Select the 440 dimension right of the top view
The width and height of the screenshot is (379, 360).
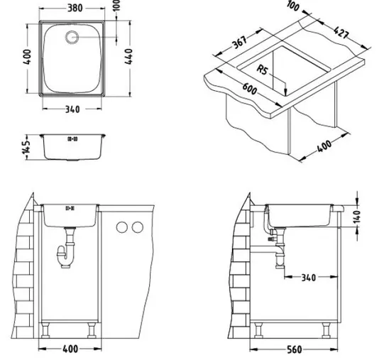pyautogui.click(x=128, y=58)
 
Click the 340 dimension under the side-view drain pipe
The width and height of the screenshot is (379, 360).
pyautogui.click(x=308, y=276)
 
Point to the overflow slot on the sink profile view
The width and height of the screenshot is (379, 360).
pyautogui.click(x=70, y=138)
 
